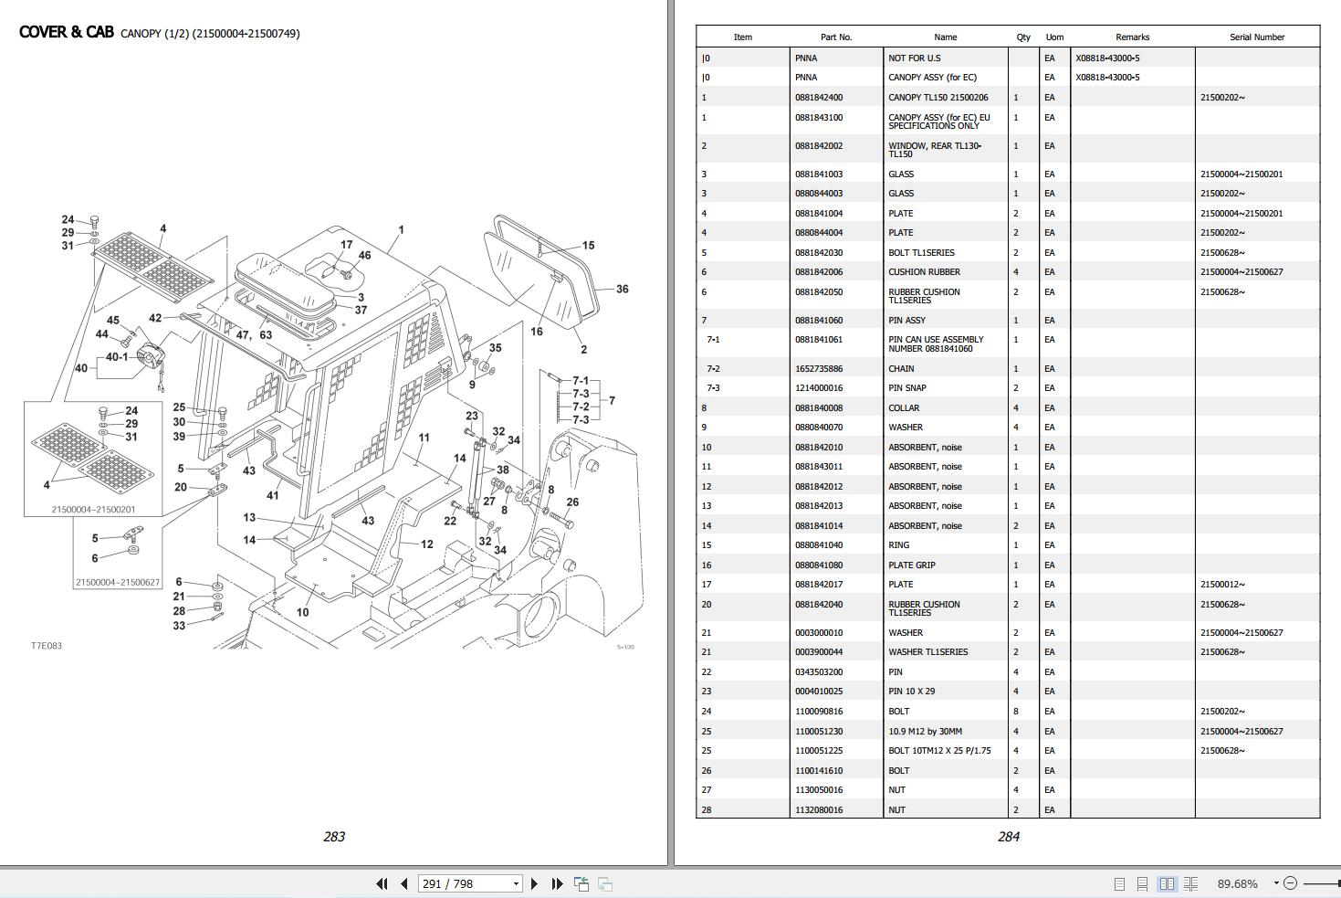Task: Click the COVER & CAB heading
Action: pos(67,33)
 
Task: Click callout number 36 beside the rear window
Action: pos(622,289)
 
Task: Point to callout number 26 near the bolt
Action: pos(572,502)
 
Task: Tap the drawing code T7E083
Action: pos(47,646)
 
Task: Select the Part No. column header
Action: pos(835,37)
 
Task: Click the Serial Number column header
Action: pos(1256,37)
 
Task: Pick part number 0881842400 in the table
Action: pos(819,98)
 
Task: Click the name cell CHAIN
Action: pos(901,369)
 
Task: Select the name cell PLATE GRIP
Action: pos(911,565)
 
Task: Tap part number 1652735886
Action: pos(819,369)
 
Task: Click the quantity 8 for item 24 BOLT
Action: pos(1016,712)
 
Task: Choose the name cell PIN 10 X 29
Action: pos(911,692)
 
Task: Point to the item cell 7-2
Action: pos(713,369)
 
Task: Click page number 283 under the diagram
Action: pos(334,837)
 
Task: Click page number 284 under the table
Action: pos(1008,837)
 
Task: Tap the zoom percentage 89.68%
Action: pos(1237,883)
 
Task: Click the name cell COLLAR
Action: pos(904,408)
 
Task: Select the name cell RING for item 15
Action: pos(898,545)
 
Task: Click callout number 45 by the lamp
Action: pos(113,321)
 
